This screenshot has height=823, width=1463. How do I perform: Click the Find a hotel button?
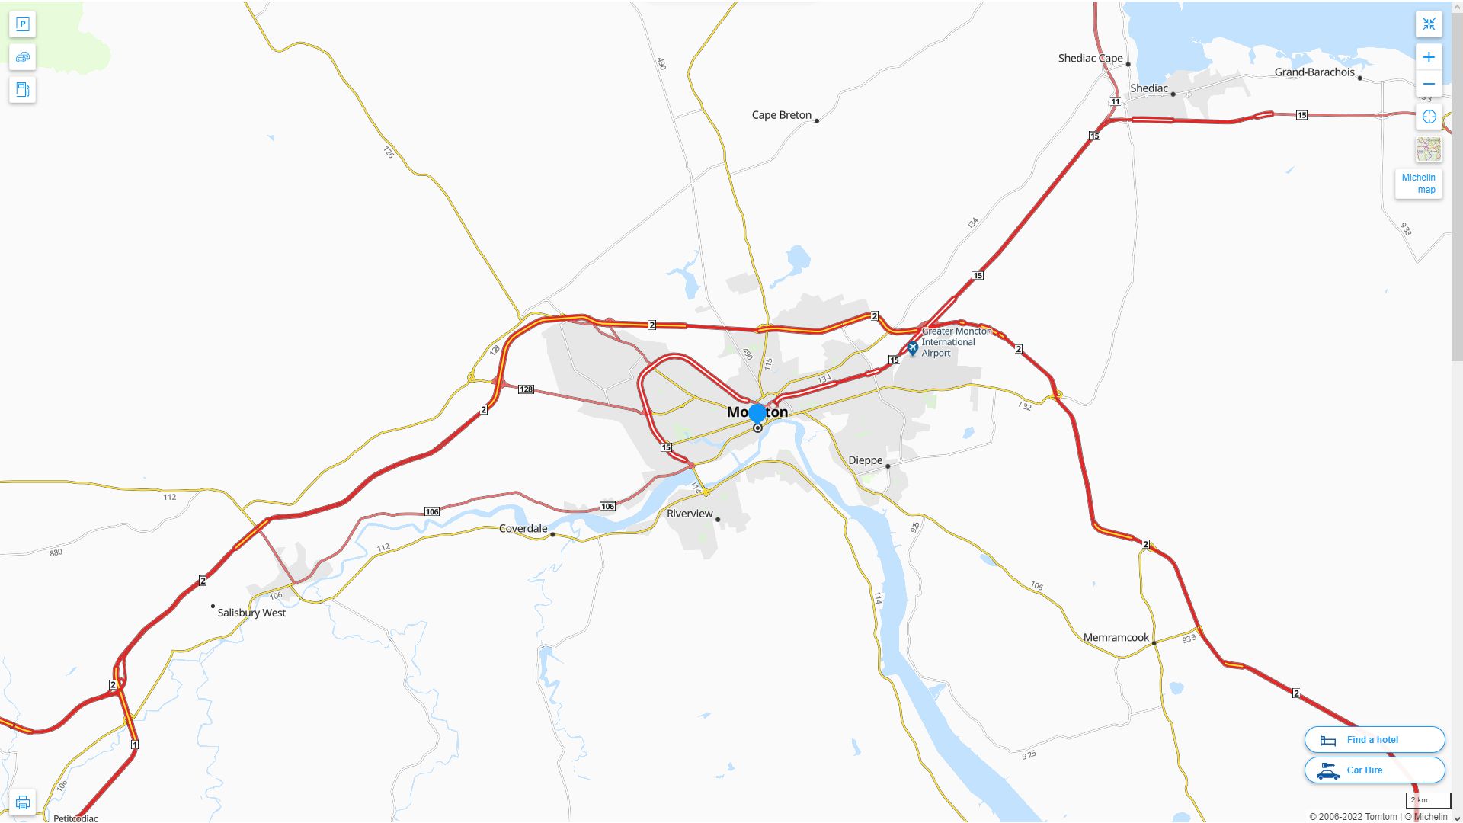[1374, 739]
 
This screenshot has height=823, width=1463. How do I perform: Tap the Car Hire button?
[1374, 770]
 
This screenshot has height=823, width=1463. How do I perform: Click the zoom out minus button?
[1429, 84]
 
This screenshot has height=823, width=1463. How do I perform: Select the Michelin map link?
[1418, 184]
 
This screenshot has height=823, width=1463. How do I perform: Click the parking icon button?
[22, 24]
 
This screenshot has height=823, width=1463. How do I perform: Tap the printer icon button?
[22, 802]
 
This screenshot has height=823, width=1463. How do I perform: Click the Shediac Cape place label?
[1090, 59]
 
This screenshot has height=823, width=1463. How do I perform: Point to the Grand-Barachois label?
[1314, 72]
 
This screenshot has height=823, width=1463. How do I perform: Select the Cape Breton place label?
[781, 115]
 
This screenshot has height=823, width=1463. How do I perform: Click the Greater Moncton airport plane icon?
[912, 348]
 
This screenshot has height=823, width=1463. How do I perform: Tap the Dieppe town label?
[865, 460]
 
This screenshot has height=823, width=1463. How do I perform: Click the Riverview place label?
[690, 514]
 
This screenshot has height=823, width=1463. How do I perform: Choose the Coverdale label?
[523, 528]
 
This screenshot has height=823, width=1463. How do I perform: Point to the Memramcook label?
[1116, 638]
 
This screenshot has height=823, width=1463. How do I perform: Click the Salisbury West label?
[251, 613]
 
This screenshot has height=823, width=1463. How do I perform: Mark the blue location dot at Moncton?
[757, 413]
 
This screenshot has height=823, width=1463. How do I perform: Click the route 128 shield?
[526, 389]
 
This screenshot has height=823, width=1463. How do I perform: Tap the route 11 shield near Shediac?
[1115, 101]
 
